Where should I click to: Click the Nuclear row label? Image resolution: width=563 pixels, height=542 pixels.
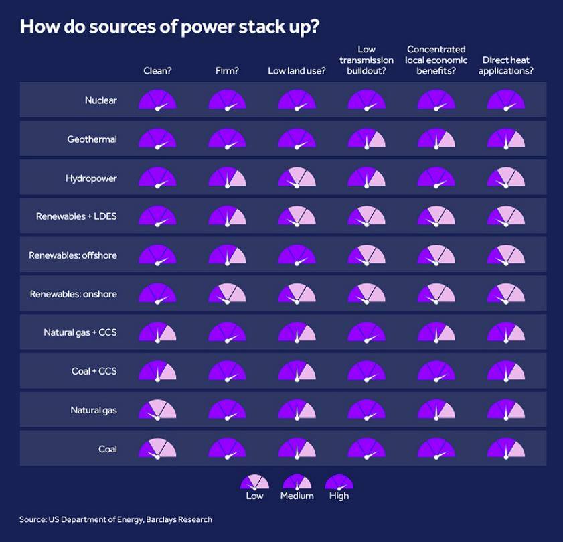click(100, 100)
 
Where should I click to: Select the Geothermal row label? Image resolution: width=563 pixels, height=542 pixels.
click(92, 139)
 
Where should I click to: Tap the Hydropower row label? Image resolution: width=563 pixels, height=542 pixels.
click(91, 178)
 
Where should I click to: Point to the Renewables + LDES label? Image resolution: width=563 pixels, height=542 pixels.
click(76, 216)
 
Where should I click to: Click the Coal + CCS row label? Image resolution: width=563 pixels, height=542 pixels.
click(94, 371)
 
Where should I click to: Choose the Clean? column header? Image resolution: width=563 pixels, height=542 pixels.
click(157, 70)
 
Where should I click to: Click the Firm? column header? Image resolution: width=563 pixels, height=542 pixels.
click(227, 70)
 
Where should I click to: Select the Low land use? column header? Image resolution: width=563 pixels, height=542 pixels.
click(297, 70)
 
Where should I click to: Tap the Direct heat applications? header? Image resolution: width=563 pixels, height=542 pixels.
click(506, 65)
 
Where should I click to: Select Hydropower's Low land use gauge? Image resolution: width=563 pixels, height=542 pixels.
click(297, 178)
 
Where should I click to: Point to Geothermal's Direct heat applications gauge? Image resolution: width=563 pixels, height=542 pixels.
click(506, 139)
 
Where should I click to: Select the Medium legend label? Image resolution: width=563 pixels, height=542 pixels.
click(297, 496)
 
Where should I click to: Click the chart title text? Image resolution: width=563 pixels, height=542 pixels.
click(169, 27)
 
